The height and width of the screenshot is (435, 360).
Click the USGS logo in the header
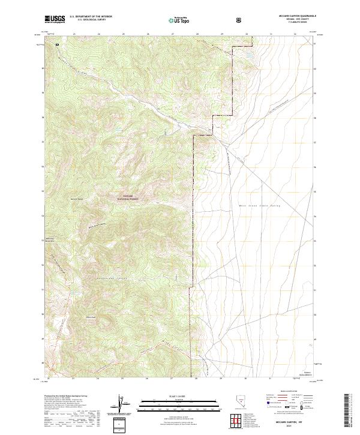click(55, 19)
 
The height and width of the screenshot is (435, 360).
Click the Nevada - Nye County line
click(295, 20)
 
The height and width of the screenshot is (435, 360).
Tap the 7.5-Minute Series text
click(295, 23)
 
